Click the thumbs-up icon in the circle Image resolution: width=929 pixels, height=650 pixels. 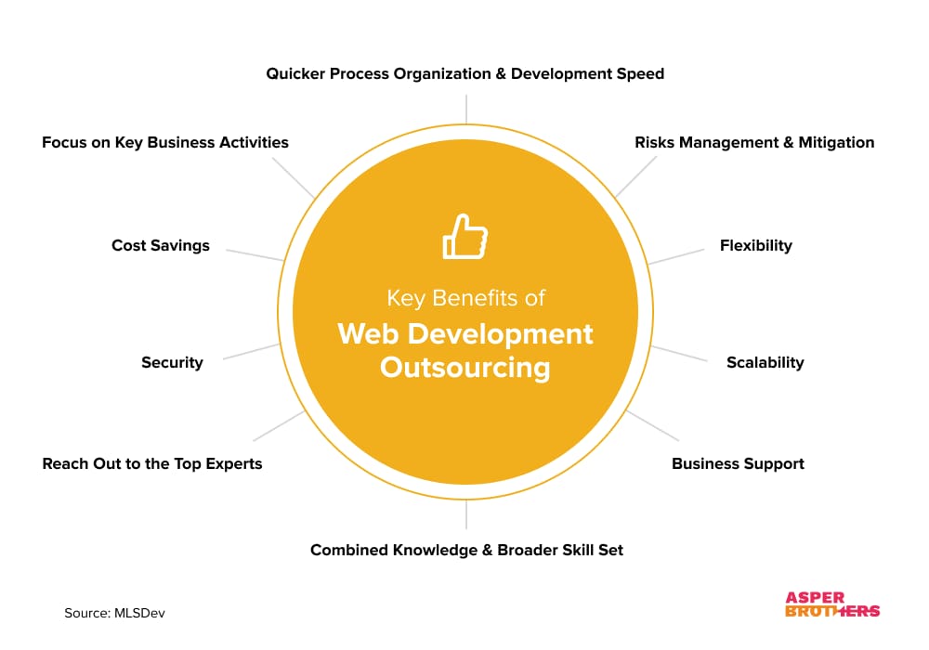pos(465,236)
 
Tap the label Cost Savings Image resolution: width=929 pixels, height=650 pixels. pos(161,246)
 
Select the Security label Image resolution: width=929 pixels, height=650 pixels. pos(172,362)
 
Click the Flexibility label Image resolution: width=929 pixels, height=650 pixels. pos(756,246)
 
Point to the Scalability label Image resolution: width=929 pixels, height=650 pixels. pos(765,362)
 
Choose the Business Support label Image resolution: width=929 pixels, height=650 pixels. pos(738,463)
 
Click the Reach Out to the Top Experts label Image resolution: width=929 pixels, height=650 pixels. pos(152,463)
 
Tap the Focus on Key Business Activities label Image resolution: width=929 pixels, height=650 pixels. pos(165,143)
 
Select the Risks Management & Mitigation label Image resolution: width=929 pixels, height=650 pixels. pos(754,143)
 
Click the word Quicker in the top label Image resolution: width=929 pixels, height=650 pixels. pos(295,74)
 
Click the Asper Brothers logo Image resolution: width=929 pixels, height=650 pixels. pos(832,604)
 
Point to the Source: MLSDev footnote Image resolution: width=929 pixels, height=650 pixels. pos(114,613)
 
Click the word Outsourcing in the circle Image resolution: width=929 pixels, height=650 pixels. pos(465,368)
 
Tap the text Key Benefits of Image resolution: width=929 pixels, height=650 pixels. pos(465,298)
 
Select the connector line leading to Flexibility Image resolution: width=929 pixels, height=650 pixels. pos(676,256)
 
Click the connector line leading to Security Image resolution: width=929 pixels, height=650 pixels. pos(251,352)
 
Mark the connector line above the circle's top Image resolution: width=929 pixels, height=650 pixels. pos(466,109)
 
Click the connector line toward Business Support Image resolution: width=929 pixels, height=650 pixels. pos(652,425)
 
